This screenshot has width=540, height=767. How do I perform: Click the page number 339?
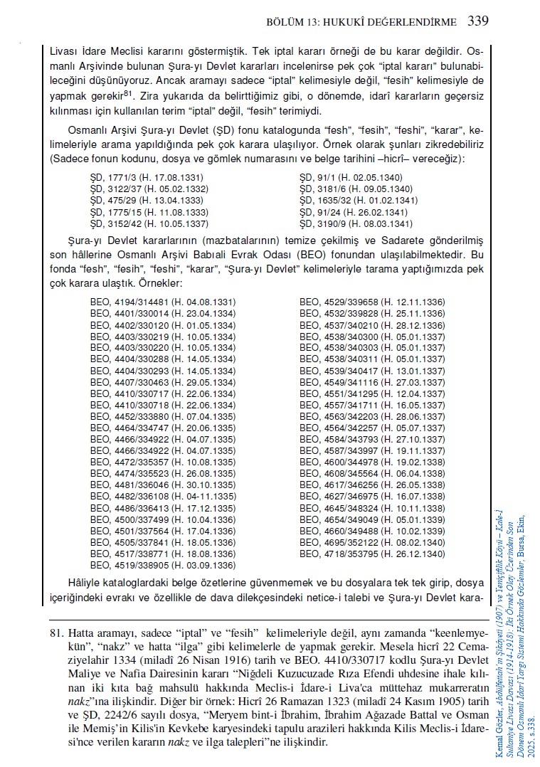478,21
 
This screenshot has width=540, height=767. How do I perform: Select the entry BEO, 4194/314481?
159,302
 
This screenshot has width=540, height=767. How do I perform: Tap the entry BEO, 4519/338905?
159,565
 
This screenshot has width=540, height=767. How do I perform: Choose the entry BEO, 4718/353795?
373,554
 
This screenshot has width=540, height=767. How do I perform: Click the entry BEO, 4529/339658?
373,302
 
